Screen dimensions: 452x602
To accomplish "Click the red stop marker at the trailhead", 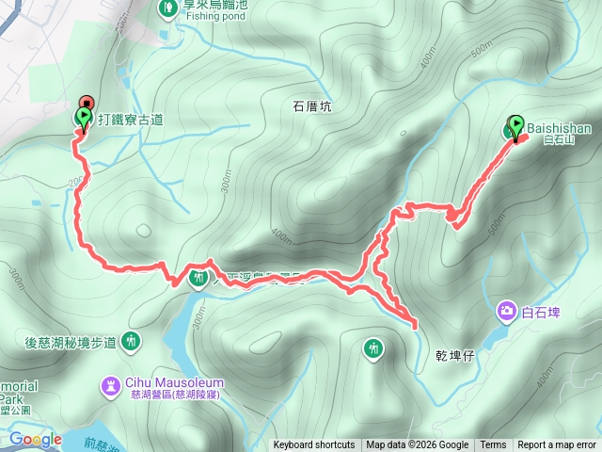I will [87, 102].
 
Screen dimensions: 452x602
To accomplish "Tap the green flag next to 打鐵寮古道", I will [83, 118].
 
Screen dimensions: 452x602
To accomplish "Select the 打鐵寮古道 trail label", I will [129, 119].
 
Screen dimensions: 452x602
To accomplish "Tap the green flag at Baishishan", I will [515, 126].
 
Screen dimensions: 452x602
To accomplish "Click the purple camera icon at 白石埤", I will [507, 310].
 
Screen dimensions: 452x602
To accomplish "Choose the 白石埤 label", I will [541, 311].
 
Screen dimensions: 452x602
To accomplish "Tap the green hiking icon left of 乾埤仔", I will [374, 349].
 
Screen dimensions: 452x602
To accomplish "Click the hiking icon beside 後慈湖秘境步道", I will [131, 341].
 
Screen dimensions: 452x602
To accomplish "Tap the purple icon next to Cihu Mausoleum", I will [112, 384].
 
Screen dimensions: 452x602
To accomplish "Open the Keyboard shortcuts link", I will [314, 445].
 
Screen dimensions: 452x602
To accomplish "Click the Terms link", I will [493, 445].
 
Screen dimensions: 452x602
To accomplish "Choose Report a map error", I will [557, 445].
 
